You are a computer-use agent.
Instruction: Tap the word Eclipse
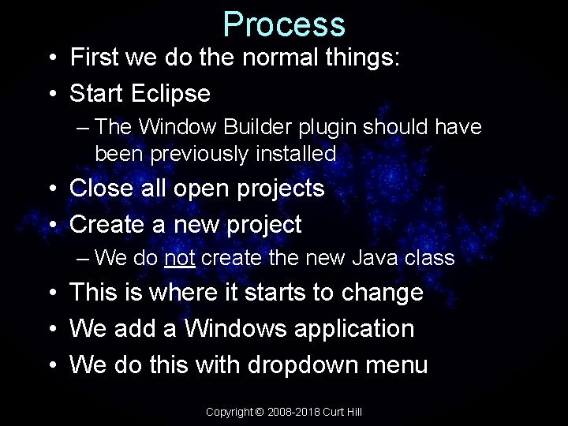(171, 94)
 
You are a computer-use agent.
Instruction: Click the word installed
(296, 154)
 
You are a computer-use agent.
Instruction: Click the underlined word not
(182, 258)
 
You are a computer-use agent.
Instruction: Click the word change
(381, 293)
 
